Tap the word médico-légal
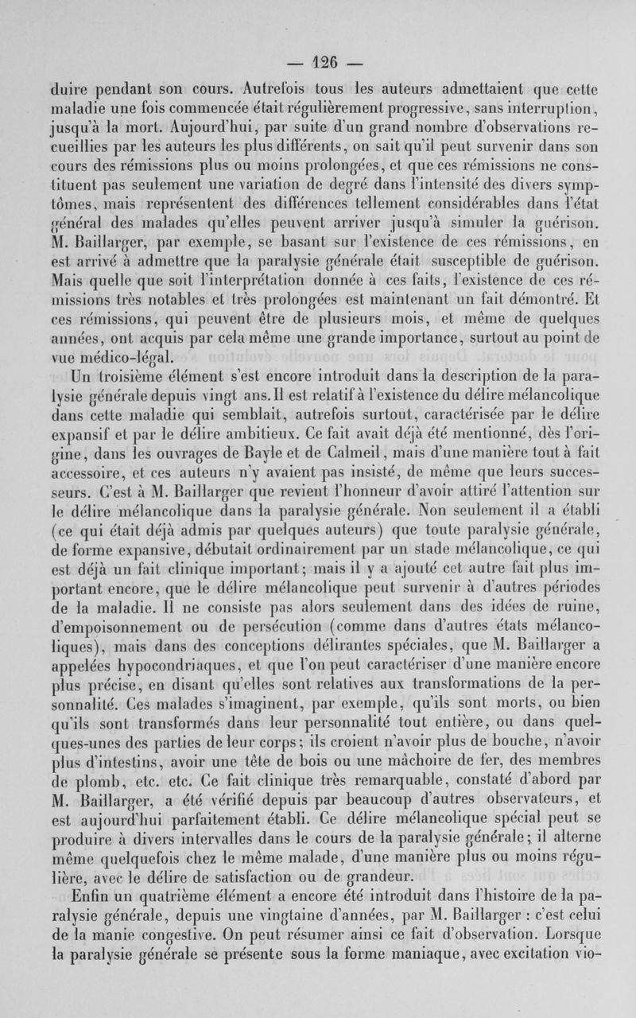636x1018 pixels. tap(128, 334)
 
